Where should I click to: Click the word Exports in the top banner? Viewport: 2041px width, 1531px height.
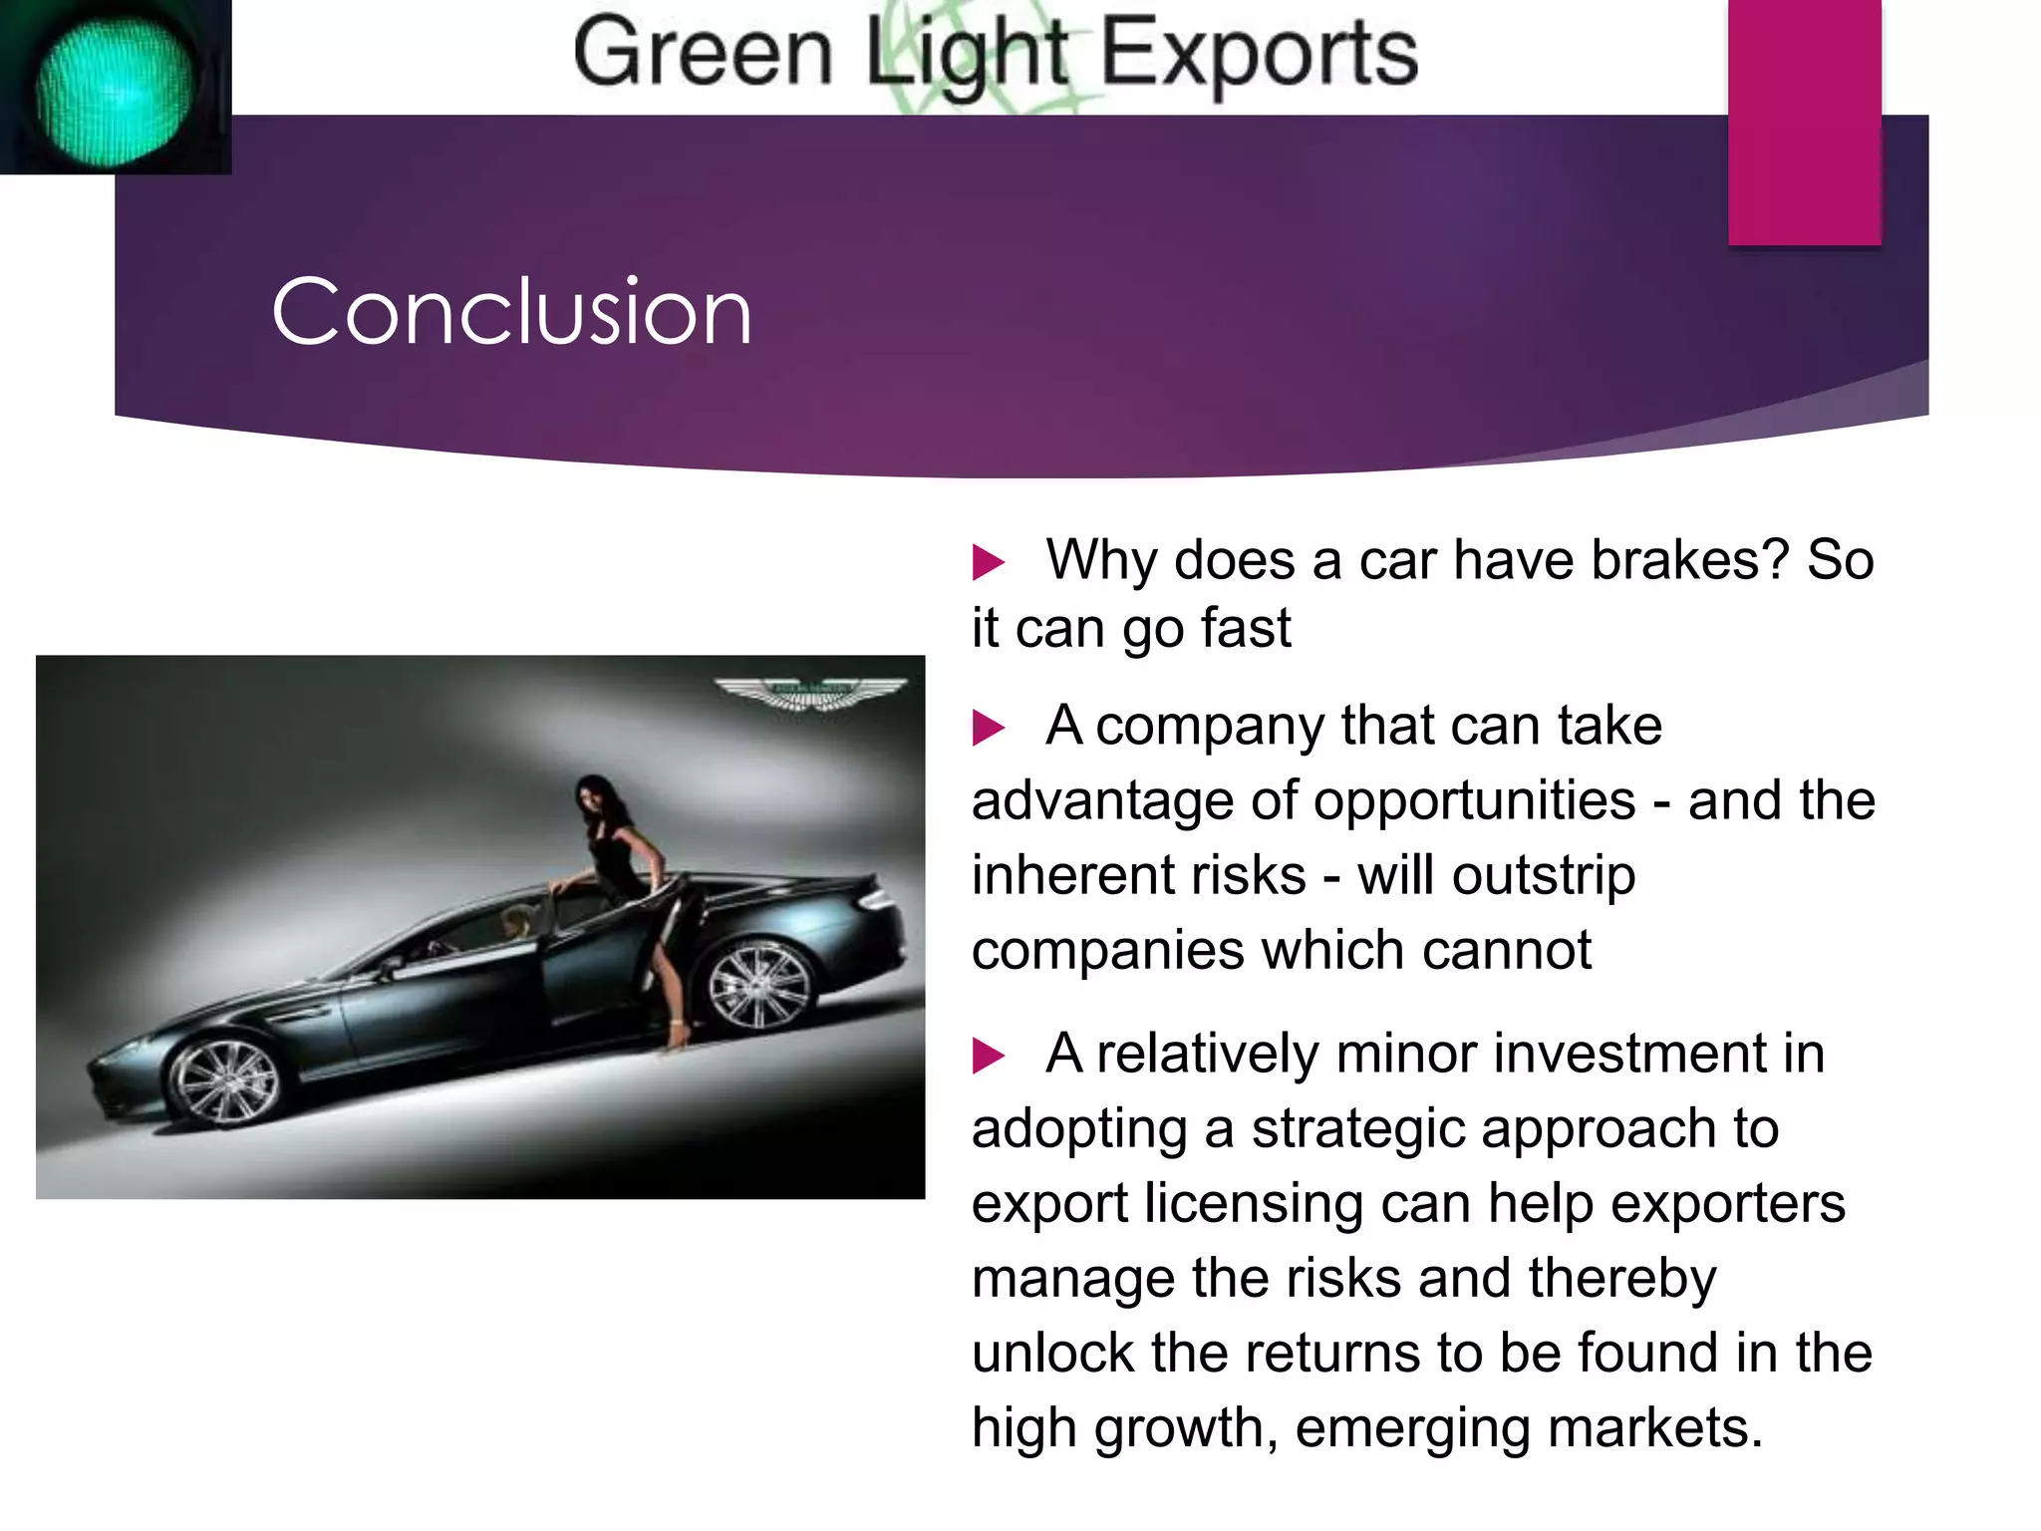pyautogui.click(x=1258, y=53)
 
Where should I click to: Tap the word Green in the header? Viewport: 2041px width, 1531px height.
pyautogui.click(x=703, y=53)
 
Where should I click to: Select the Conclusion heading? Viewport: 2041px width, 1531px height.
pyautogui.click(x=511, y=313)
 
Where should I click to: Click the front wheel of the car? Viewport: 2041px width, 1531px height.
pyautogui.click(x=225, y=1082)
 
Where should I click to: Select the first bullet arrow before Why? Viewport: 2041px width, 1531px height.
pyautogui.click(x=988, y=562)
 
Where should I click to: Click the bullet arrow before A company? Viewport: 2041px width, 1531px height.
pyautogui.click(x=988, y=728)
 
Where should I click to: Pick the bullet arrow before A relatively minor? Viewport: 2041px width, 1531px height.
pyautogui.click(x=988, y=1056)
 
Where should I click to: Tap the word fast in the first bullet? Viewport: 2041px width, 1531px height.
pyautogui.click(x=1246, y=629)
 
